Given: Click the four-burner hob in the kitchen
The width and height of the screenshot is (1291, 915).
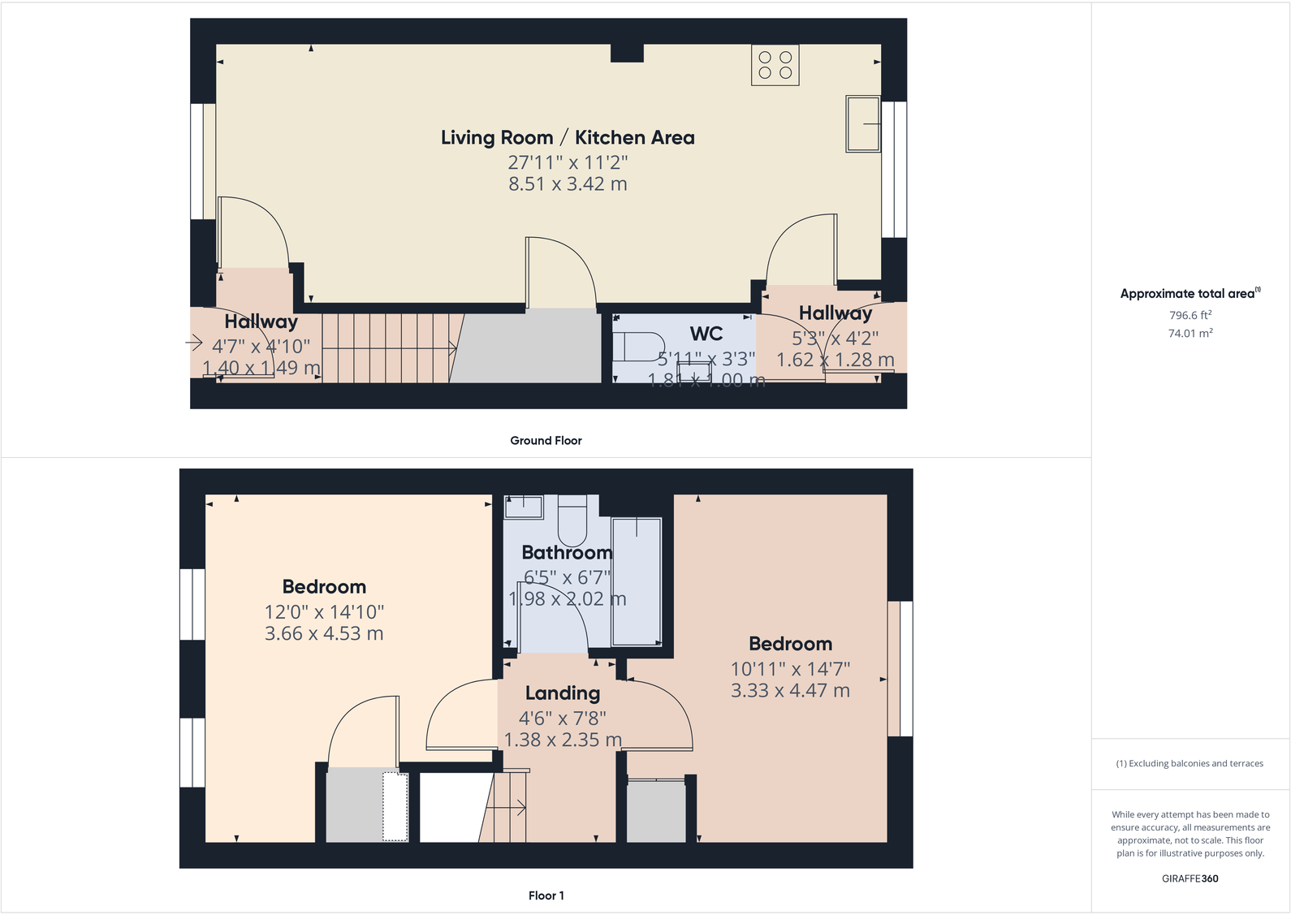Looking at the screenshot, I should click(x=775, y=65).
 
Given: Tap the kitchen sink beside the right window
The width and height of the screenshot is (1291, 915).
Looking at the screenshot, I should click(x=863, y=123).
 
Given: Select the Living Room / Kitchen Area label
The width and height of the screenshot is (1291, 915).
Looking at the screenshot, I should click(x=568, y=137).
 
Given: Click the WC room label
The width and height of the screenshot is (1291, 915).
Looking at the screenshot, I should click(x=706, y=334).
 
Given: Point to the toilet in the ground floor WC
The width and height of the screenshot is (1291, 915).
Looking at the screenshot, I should click(x=637, y=347).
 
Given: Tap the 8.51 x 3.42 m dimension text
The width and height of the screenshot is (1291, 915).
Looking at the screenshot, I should click(x=568, y=184).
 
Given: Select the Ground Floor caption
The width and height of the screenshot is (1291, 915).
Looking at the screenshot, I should click(x=546, y=440).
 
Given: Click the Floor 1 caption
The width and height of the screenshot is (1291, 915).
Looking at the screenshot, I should click(x=546, y=896).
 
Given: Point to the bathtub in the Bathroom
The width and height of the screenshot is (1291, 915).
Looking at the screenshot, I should click(x=637, y=581).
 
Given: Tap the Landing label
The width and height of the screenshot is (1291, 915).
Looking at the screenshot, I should click(x=562, y=693).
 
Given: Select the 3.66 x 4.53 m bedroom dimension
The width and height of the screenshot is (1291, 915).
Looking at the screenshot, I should click(x=324, y=634).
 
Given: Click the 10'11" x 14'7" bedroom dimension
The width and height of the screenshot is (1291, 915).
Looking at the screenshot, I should click(x=790, y=669).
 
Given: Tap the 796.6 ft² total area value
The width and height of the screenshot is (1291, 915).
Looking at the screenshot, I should click(x=1190, y=315).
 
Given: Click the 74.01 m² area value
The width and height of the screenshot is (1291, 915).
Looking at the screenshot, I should click(x=1190, y=333).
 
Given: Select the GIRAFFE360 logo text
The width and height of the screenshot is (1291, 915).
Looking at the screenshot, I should click(x=1190, y=878).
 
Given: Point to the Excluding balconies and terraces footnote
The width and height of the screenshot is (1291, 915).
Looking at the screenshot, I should click(x=1190, y=763).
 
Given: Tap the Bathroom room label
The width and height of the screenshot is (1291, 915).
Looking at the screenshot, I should click(x=566, y=553).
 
